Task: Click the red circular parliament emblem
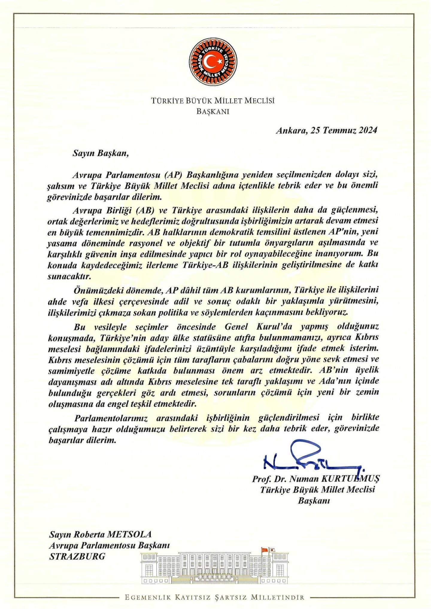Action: click(x=213, y=62)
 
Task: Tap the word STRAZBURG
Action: click(x=77, y=556)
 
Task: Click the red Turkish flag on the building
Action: click(x=265, y=549)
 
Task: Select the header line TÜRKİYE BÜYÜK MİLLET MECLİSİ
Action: click(x=213, y=101)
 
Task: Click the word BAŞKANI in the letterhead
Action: click(x=213, y=112)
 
